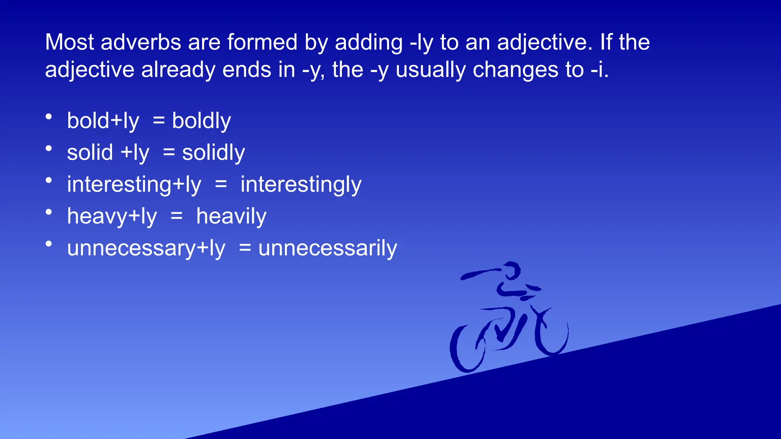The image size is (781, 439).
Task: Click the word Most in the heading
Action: (69, 42)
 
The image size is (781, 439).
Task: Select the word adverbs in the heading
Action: (141, 42)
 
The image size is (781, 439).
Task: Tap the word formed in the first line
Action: (262, 42)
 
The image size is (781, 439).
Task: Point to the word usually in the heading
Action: (431, 70)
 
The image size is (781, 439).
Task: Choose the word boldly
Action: (201, 121)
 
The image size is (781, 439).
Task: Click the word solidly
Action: (213, 153)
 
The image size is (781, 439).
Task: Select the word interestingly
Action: (301, 185)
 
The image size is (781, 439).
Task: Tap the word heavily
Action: (231, 216)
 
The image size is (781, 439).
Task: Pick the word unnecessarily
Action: (328, 248)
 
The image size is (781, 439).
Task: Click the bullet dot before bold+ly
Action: (49, 117)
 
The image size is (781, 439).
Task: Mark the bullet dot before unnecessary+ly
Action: (49, 244)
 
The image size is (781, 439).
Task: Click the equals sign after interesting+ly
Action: (221, 185)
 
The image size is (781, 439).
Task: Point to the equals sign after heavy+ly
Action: (177, 216)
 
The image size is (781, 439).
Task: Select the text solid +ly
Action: (108, 153)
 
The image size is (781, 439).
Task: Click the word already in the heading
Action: (178, 70)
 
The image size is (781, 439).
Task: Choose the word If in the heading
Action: (606, 42)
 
